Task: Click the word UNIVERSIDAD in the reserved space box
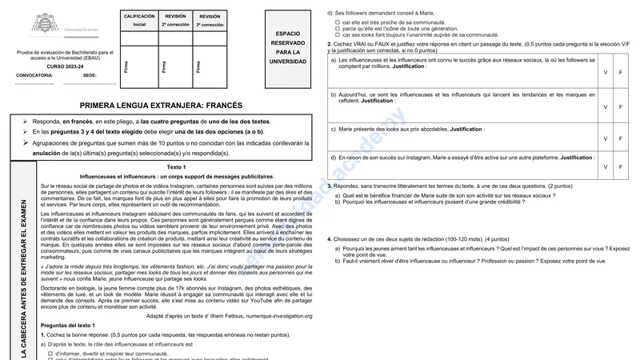tap(287, 61)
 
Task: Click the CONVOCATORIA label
tap(34, 75)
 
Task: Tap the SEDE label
tap(90, 75)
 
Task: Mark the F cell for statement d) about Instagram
tap(622, 166)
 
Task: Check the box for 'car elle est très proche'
tap(338, 22)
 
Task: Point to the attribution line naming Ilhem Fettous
tap(237, 315)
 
